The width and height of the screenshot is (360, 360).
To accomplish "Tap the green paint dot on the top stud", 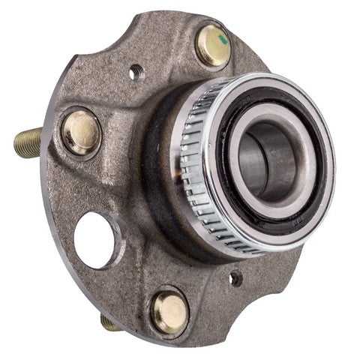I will (x=224, y=34).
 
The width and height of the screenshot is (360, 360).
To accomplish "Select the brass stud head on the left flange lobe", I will (x=81, y=132).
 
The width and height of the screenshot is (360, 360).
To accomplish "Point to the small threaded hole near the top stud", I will (x=136, y=73).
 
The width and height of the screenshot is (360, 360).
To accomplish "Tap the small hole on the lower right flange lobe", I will (x=236, y=278).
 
